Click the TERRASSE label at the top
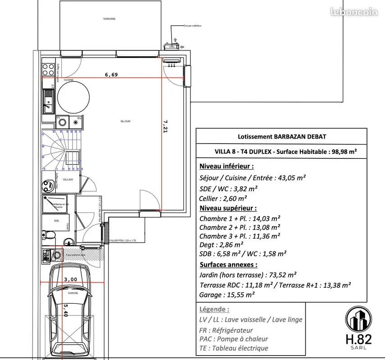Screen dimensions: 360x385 point(109,19)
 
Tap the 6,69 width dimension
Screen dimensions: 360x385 point(111,75)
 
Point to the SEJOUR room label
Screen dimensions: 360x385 point(125,121)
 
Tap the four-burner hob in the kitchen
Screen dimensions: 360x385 point(48,70)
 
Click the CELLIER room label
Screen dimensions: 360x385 point(68,180)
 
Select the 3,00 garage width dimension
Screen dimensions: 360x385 point(70,279)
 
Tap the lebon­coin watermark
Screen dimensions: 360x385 point(353,12)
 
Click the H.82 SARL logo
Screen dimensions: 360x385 point(359,329)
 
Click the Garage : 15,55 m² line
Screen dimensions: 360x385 point(227,295)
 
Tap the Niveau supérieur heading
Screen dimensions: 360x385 point(228,208)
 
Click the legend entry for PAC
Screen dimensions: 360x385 point(234,339)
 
